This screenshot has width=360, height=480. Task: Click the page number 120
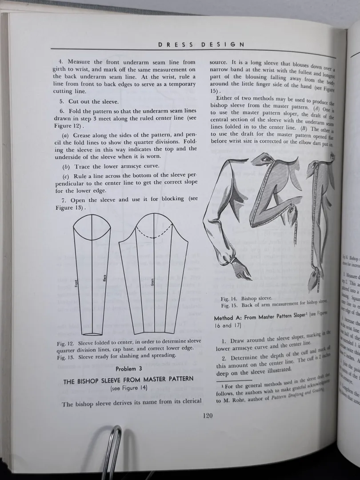[x=207, y=416]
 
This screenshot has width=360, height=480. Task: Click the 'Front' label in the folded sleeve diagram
[x=76, y=283]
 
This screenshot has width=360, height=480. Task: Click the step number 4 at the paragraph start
[x=60, y=62]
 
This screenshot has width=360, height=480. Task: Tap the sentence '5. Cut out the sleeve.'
[x=87, y=101]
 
